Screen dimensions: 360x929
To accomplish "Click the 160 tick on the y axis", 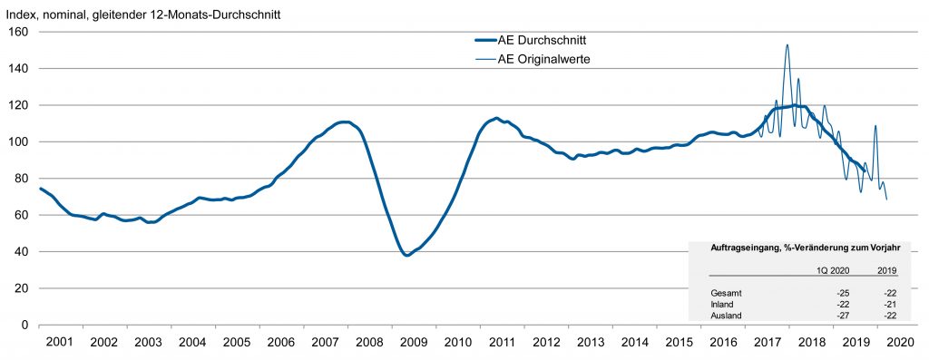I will [20, 32].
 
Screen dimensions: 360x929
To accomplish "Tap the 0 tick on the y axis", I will [25, 325].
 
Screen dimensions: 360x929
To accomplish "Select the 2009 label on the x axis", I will [414, 343].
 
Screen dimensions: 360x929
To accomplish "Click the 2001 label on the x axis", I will [58, 343].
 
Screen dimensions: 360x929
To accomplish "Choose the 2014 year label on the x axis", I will [635, 343].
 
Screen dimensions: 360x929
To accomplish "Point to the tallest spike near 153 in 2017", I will [787, 44].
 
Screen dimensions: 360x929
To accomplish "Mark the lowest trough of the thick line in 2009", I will [407, 256].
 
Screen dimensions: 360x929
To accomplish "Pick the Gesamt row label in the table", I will [727, 294].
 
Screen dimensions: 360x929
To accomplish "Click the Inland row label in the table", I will [724, 305].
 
